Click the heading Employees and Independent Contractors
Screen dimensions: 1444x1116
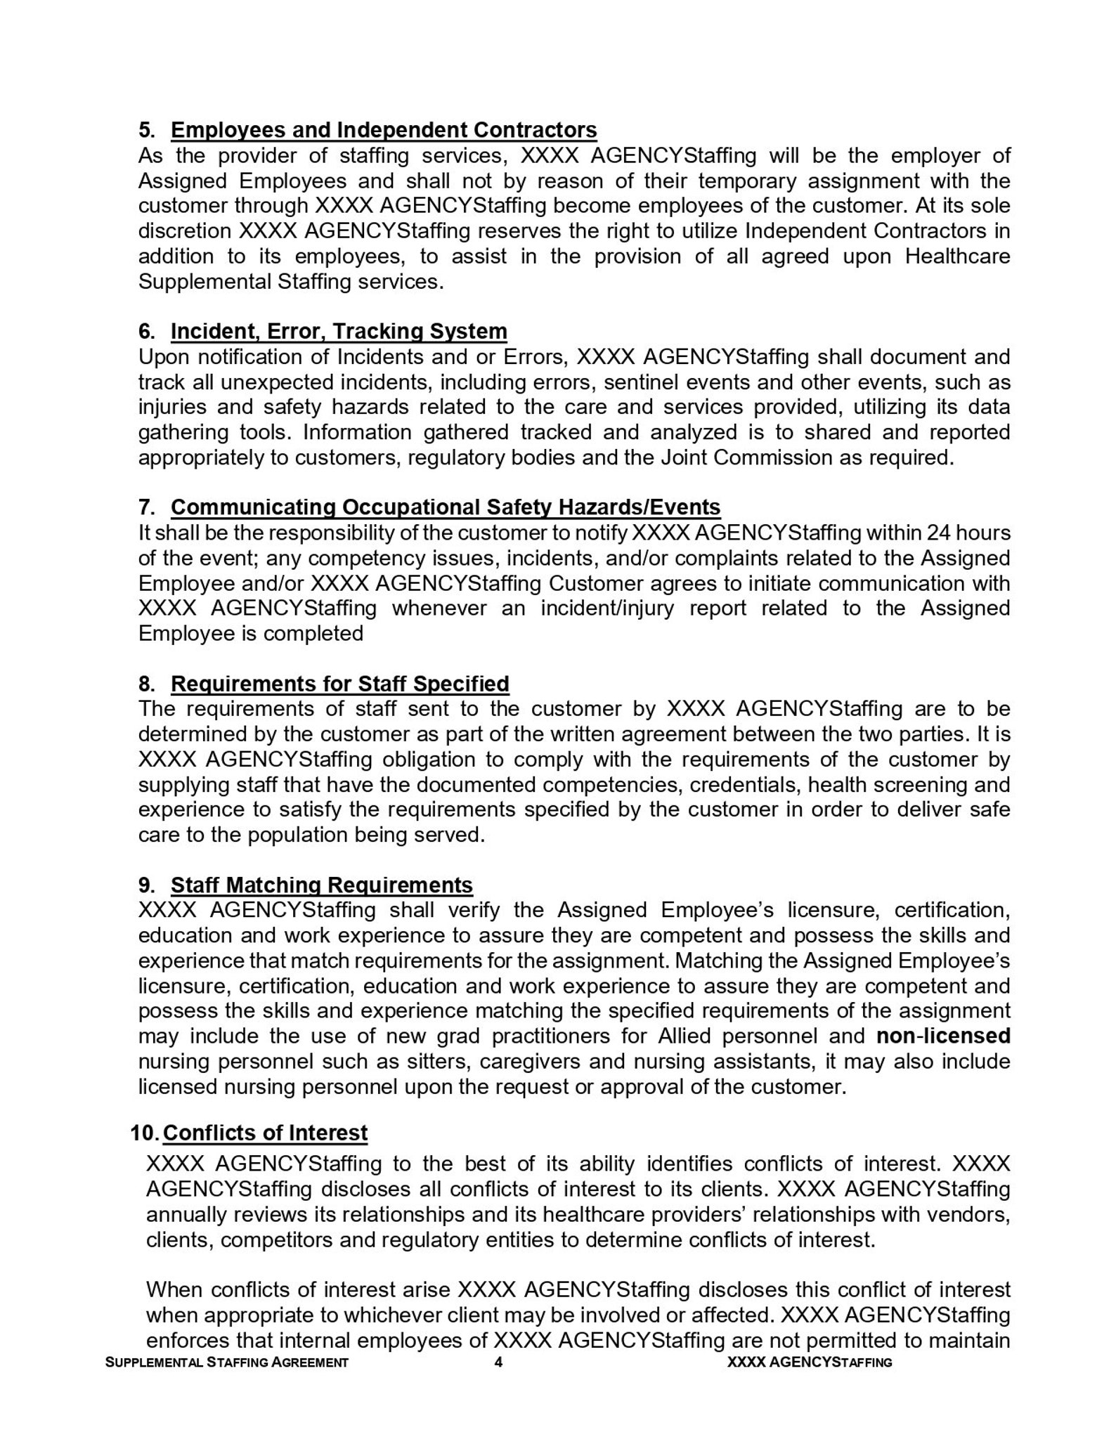[x=384, y=130]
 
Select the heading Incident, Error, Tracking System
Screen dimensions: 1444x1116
[x=339, y=331]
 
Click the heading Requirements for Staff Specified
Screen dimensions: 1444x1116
[x=340, y=684]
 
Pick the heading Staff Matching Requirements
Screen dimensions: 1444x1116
[x=322, y=885]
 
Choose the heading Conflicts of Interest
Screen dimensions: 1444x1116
[x=265, y=1133]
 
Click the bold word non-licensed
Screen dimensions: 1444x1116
[x=943, y=1036]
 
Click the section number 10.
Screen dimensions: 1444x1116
[x=144, y=1133]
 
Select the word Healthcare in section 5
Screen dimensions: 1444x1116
[x=957, y=256]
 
